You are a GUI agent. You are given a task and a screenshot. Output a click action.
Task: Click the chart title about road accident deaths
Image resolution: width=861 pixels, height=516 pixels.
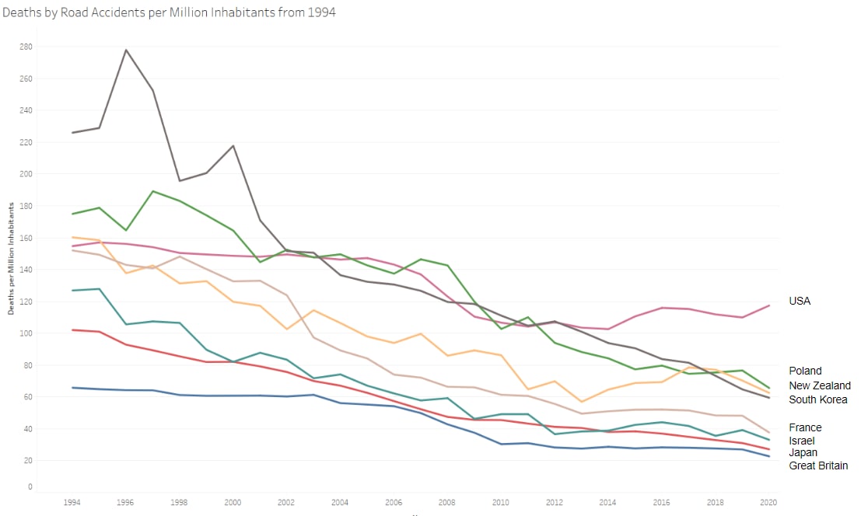pyautogui.click(x=169, y=13)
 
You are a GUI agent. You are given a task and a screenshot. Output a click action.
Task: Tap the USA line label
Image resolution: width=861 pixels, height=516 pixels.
pyautogui.click(x=800, y=301)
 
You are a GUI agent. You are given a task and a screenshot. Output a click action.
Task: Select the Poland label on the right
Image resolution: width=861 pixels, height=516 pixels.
pyautogui.click(x=805, y=371)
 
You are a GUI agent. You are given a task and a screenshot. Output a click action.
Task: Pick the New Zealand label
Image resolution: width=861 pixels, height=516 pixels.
pyautogui.click(x=820, y=385)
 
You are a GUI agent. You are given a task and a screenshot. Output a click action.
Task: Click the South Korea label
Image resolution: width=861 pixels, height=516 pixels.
pyautogui.click(x=818, y=399)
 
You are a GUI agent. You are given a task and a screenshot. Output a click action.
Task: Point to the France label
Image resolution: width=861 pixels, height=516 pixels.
pyautogui.click(x=805, y=427)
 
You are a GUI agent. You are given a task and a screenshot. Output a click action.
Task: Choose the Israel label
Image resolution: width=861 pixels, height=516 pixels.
pyautogui.click(x=802, y=441)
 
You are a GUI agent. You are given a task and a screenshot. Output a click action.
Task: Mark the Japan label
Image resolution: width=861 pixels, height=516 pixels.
pyautogui.click(x=803, y=452)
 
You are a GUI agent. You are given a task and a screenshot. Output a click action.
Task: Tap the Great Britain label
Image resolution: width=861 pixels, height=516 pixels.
pyautogui.click(x=818, y=465)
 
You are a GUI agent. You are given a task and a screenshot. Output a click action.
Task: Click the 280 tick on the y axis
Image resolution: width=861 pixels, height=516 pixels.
pyautogui.click(x=26, y=47)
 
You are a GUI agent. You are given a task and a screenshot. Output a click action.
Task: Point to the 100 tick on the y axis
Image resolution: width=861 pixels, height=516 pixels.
pyautogui.click(x=26, y=333)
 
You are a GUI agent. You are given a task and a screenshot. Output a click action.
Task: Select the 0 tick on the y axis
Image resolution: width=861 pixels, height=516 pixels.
pyautogui.click(x=30, y=486)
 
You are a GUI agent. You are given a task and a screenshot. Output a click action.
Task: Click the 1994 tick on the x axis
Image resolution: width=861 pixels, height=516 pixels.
pyautogui.click(x=72, y=503)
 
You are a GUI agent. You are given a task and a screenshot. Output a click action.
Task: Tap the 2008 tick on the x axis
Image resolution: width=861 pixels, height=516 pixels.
pyautogui.click(x=447, y=503)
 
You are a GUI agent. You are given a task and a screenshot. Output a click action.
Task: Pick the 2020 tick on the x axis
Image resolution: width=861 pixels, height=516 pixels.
pyautogui.click(x=768, y=503)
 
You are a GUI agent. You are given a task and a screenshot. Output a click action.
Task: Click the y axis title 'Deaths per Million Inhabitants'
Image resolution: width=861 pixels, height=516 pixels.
pyautogui.click(x=12, y=258)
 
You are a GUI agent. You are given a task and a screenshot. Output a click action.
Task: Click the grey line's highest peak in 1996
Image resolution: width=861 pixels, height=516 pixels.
pyautogui.click(x=125, y=50)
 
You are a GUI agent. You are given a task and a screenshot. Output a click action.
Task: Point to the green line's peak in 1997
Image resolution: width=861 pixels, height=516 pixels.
pyautogui.click(x=152, y=191)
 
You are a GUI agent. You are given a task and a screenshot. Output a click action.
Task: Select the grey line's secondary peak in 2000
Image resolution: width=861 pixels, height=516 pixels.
pyautogui.click(x=233, y=145)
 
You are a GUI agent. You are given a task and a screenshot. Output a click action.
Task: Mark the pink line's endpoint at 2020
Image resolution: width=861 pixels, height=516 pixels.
pyautogui.click(x=769, y=305)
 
